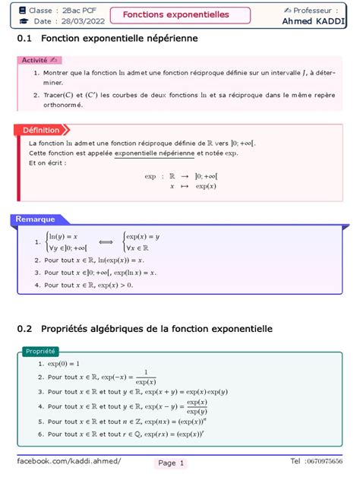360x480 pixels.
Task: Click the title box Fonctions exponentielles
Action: (x=181, y=14)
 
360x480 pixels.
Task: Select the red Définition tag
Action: (x=46, y=130)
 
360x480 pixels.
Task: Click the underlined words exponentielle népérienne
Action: (x=155, y=153)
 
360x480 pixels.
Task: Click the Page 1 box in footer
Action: (x=172, y=463)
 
